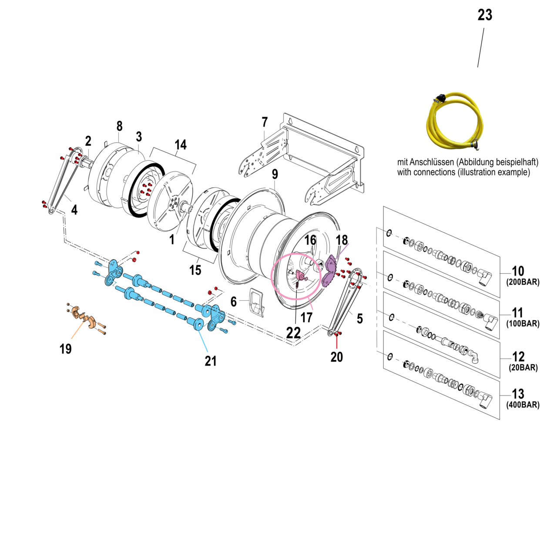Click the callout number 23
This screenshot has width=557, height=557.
pos(485,15)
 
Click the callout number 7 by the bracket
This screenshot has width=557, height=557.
pos(265,122)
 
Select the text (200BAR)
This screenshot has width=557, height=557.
pos(523,282)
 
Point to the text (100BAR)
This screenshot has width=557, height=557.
pos(523,324)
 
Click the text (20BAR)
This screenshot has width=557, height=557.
pos(523,368)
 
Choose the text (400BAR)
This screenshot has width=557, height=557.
pos(523,405)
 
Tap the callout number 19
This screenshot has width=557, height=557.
pos(65,349)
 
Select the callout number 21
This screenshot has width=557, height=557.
pos(211,361)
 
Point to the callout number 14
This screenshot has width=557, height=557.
pos(181,144)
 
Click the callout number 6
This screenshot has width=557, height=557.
pos(234,302)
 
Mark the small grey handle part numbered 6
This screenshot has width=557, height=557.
pos(257,301)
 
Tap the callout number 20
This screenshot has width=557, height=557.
pos(336,357)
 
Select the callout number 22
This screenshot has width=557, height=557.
pos(293,333)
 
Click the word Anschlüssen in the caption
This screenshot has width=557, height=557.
pos(432,162)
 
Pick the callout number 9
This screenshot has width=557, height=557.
pos(275,174)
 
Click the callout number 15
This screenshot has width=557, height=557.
pos(195,270)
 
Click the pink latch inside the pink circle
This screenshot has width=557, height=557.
pos(300,275)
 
